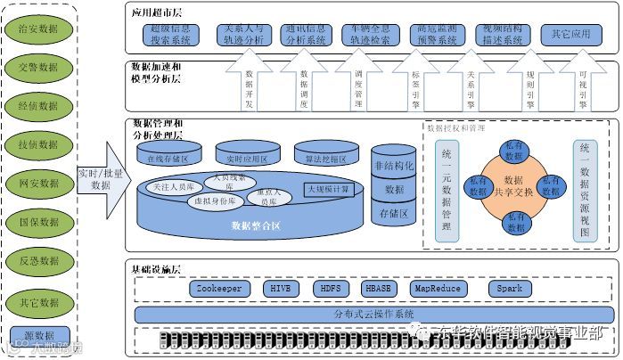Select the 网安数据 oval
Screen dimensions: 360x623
click(x=38, y=184)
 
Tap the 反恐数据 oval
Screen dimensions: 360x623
click(x=38, y=261)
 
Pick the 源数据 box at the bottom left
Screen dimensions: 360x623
click(x=38, y=335)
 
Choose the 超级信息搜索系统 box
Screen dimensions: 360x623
click(x=175, y=35)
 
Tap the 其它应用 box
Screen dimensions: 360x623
click(x=571, y=35)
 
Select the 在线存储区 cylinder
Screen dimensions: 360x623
click(x=168, y=158)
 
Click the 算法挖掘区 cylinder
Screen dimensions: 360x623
click(x=324, y=158)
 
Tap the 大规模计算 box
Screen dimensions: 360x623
click(x=329, y=189)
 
